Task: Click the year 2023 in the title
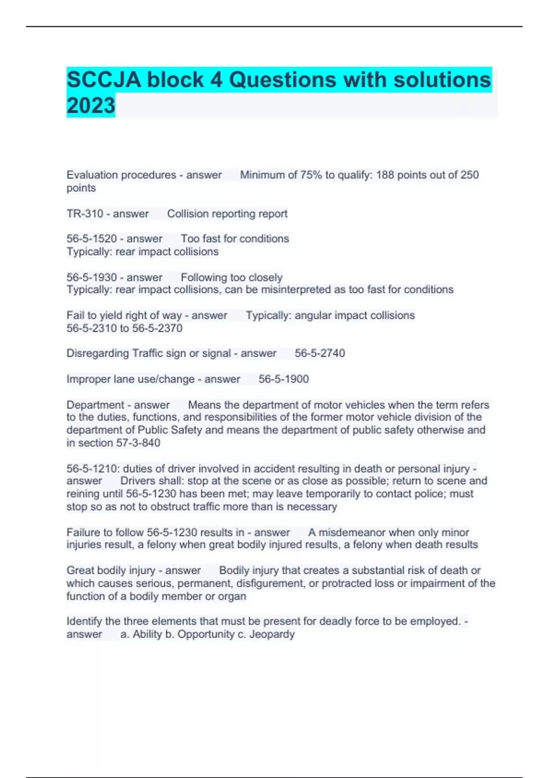coord(91,106)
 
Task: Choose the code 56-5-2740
coord(320,353)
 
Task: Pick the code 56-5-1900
coord(284,379)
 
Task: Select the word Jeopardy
coord(272,634)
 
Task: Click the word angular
coord(313,315)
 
